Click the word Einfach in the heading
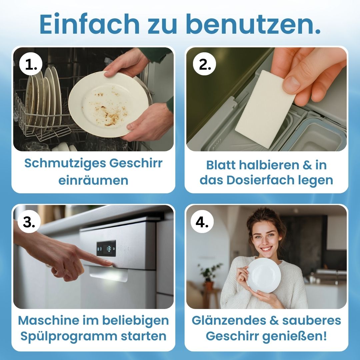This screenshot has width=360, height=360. [x=89, y=24]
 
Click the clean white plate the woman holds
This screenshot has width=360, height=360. [x=263, y=275]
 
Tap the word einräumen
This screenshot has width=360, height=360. [x=93, y=180]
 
